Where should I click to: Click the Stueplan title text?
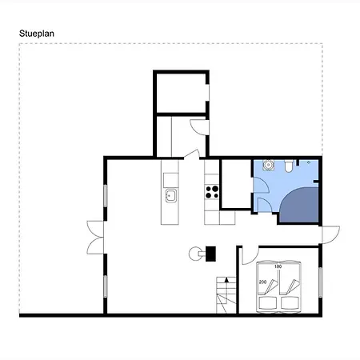click(37, 34)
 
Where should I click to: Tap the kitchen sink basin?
click(170, 195)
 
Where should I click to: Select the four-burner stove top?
click(212, 192)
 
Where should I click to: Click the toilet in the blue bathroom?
click(289, 166)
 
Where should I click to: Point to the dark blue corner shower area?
click(300, 206)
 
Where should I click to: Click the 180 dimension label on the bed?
click(278, 266)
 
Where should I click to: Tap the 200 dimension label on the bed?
click(262, 282)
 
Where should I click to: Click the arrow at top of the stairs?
click(226, 279)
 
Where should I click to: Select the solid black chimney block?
click(210, 254)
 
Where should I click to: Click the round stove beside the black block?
click(195, 254)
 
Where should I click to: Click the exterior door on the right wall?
click(330, 234)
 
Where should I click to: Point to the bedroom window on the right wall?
click(321, 282)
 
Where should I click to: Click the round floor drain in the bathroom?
click(309, 162)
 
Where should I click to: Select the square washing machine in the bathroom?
click(268, 165)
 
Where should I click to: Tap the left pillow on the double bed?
click(268, 303)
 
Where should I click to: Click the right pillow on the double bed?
click(290, 303)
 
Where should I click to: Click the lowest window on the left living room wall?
click(106, 286)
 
